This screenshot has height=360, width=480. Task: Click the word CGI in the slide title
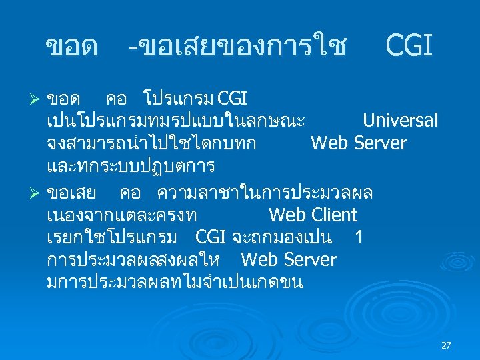click(409, 46)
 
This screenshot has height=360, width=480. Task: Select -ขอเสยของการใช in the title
click(237, 47)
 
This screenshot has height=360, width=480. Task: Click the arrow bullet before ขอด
click(38, 99)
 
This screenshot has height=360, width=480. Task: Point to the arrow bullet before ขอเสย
click(38, 193)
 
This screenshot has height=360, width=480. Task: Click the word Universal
click(400, 121)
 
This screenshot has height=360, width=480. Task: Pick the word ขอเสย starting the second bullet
click(73, 193)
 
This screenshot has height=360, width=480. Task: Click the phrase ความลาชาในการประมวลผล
click(265, 193)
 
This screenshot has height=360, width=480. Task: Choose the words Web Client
click(313, 215)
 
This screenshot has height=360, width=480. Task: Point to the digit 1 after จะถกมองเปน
click(359, 237)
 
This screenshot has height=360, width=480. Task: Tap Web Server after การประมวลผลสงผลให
click(289, 259)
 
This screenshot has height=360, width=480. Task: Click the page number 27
click(446, 345)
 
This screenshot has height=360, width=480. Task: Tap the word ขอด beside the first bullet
click(64, 99)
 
